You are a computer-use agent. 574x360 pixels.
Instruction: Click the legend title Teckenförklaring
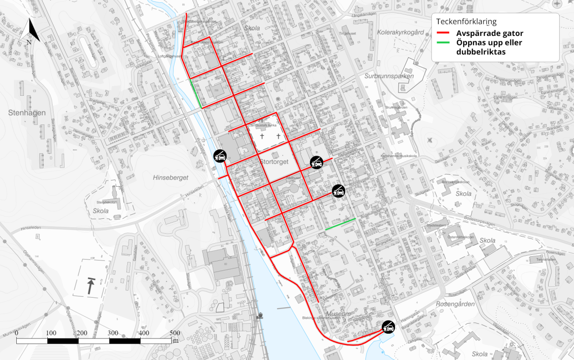pos(466,22)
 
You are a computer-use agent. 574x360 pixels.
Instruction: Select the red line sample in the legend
pos(444,34)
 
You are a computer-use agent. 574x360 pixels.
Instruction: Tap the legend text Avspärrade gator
pos(489,34)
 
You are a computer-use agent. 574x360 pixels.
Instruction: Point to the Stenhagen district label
pos(27,113)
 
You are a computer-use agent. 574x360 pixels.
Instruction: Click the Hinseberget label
pos(170,177)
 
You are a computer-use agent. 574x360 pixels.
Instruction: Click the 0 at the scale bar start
pos(17,333)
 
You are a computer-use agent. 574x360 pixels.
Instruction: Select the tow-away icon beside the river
pos(220,156)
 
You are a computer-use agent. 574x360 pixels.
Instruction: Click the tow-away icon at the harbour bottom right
pos(388,327)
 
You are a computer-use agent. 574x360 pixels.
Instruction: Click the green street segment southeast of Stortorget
pos(340,224)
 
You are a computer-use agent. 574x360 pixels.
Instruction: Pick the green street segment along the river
pos(196,93)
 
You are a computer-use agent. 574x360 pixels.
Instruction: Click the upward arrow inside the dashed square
pos(90,286)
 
